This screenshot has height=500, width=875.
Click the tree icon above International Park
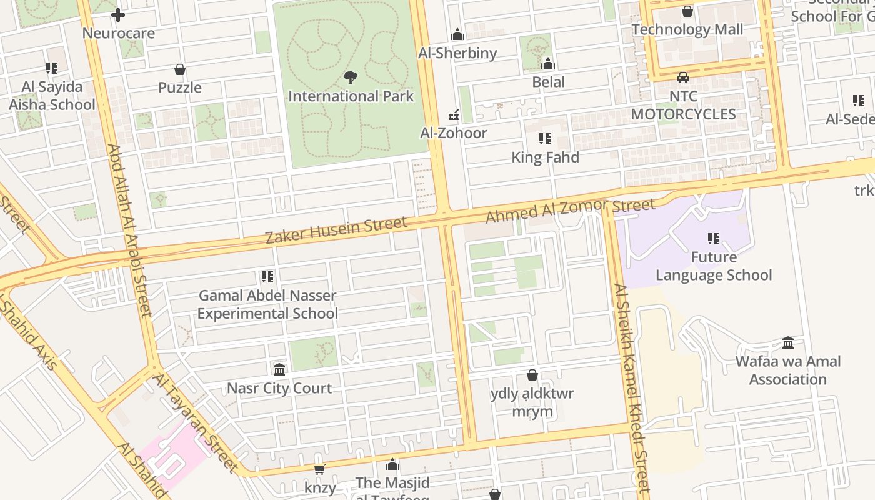(x=351, y=77)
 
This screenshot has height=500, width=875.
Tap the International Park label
(x=351, y=96)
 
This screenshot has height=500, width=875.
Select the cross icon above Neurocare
(x=118, y=15)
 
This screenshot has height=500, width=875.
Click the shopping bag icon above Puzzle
(x=180, y=69)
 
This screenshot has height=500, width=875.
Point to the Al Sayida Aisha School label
(x=52, y=96)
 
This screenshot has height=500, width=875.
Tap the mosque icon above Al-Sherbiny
(x=457, y=34)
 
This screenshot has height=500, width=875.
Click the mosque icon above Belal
(x=548, y=64)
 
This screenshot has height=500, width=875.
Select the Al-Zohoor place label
(x=453, y=132)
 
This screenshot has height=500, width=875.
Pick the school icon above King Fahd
(x=545, y=139)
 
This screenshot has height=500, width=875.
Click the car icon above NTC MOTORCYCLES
(x=683, y=77)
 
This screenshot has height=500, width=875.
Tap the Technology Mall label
(x=687, y=29)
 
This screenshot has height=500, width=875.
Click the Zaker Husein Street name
(x=336, y=230)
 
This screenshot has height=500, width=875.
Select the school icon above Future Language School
(x=714, y=239)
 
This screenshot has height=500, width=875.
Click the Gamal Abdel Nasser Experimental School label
(x=267, y=304)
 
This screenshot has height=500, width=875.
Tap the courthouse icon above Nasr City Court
(x=279, y=370)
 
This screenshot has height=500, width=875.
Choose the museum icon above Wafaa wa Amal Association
(x=788, y=343)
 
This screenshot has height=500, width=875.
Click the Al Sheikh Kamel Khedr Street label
(x=632, y=387)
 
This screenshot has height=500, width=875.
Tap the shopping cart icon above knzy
(x=320, y=469)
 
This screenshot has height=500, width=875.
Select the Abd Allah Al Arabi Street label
(x=130, y=231)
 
